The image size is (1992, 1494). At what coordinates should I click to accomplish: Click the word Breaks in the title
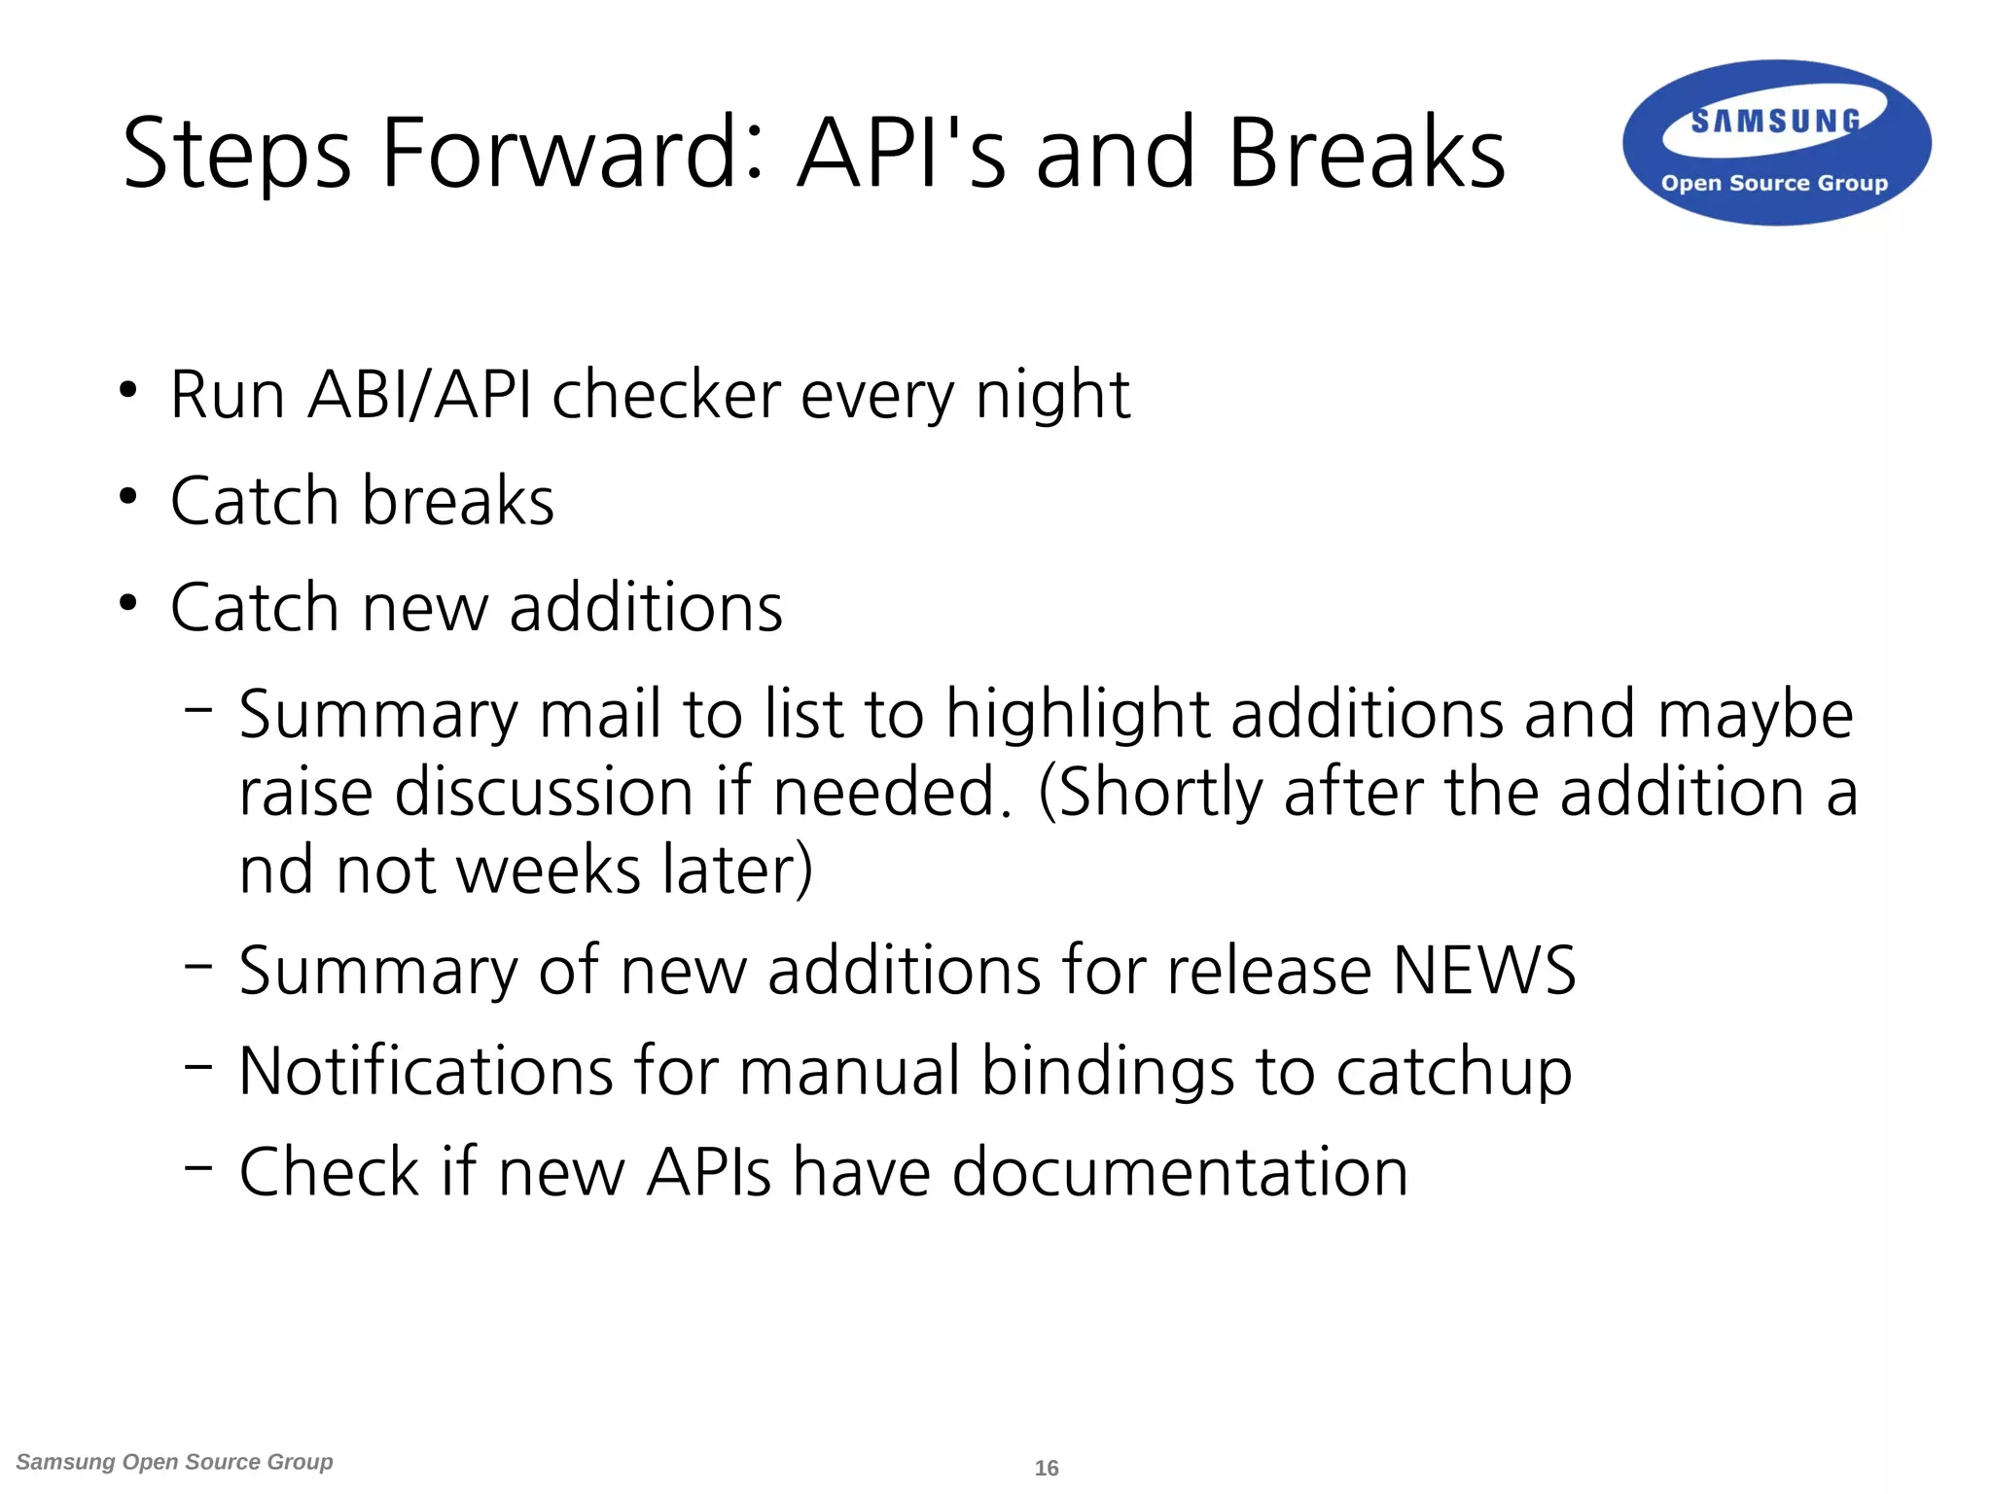tap(1366, 153)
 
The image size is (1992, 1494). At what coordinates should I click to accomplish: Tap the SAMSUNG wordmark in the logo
tap(1775, 122)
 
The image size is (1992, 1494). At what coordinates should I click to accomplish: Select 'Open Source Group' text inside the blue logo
tap(1774, 183)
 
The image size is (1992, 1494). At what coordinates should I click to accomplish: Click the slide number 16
tap(1047, 1468)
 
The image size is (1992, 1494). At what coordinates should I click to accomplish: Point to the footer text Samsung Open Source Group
tap(175, 1462)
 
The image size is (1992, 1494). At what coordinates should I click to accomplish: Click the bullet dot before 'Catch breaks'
tap(128, 497)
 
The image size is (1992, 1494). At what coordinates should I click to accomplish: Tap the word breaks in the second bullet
tap(458, 501)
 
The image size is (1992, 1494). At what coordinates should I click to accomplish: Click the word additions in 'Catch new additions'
tap(646, 608)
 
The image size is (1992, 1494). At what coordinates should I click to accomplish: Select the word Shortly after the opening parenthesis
tap(1157, 793)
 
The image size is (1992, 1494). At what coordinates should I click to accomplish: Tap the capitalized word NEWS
tap(1483, 971)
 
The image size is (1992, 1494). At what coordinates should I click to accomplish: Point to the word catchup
tap(1453, 1073)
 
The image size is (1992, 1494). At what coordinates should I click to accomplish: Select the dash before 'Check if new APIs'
tap(197, 1165)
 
